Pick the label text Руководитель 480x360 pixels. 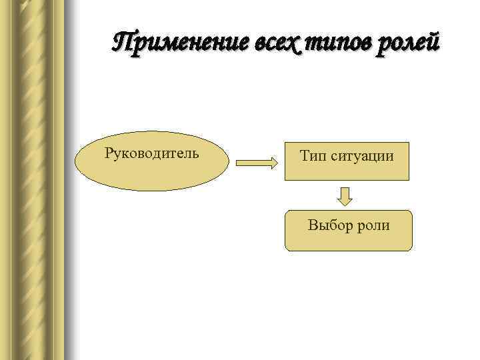click(x=152, y=153)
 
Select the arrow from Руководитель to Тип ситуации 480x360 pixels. click(x=257, y=162)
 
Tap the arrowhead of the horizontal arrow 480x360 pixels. click(x=273, y=162)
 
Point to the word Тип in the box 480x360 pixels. click(x=312, y=157)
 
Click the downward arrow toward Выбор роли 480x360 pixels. click(x=344, y=196)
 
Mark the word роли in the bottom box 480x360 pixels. click(x=376, y=225)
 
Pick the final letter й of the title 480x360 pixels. click(x=433, y=43)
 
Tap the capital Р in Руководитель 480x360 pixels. click(x=109, y=153)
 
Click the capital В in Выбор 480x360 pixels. click(x=312, y=225)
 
